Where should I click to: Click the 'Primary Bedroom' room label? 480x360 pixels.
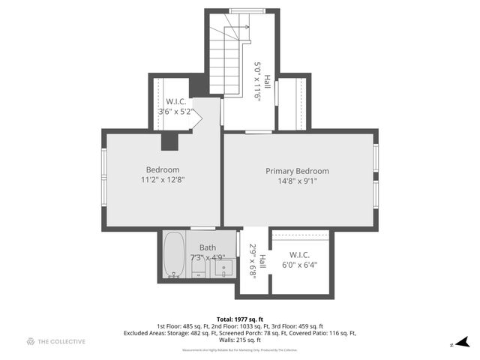pyautogui.click(x=297, y=171)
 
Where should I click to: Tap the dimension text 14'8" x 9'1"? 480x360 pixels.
pyautogui.click(x=297, y=180)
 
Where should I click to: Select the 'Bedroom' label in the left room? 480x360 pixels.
pyautogui.click(x=162, y=169)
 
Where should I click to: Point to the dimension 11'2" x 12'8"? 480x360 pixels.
pyautogui.click(x=162, y=180)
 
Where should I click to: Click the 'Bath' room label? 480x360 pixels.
pyautogui.click(x=207, y=247)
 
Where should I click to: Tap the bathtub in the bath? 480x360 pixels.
pyautogui.click(x=175, y=256)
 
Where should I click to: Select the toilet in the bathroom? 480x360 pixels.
pyautogui.click(x=199, y=265)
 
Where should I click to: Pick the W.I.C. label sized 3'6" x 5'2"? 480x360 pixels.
pyautogui.click(x=175, y=102)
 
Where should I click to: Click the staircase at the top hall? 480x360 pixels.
pyautogui.click(x=224, y=60)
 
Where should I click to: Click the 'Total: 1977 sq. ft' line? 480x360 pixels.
pyautogui.click(x=240, y=319)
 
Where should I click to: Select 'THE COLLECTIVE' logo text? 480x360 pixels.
pyautogui.click(x=61, y=341)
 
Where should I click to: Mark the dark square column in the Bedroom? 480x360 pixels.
pyautogui.click(x=169, y=141)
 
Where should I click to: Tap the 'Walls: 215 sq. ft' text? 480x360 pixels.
pyautogui.click(x=240, y=340)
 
